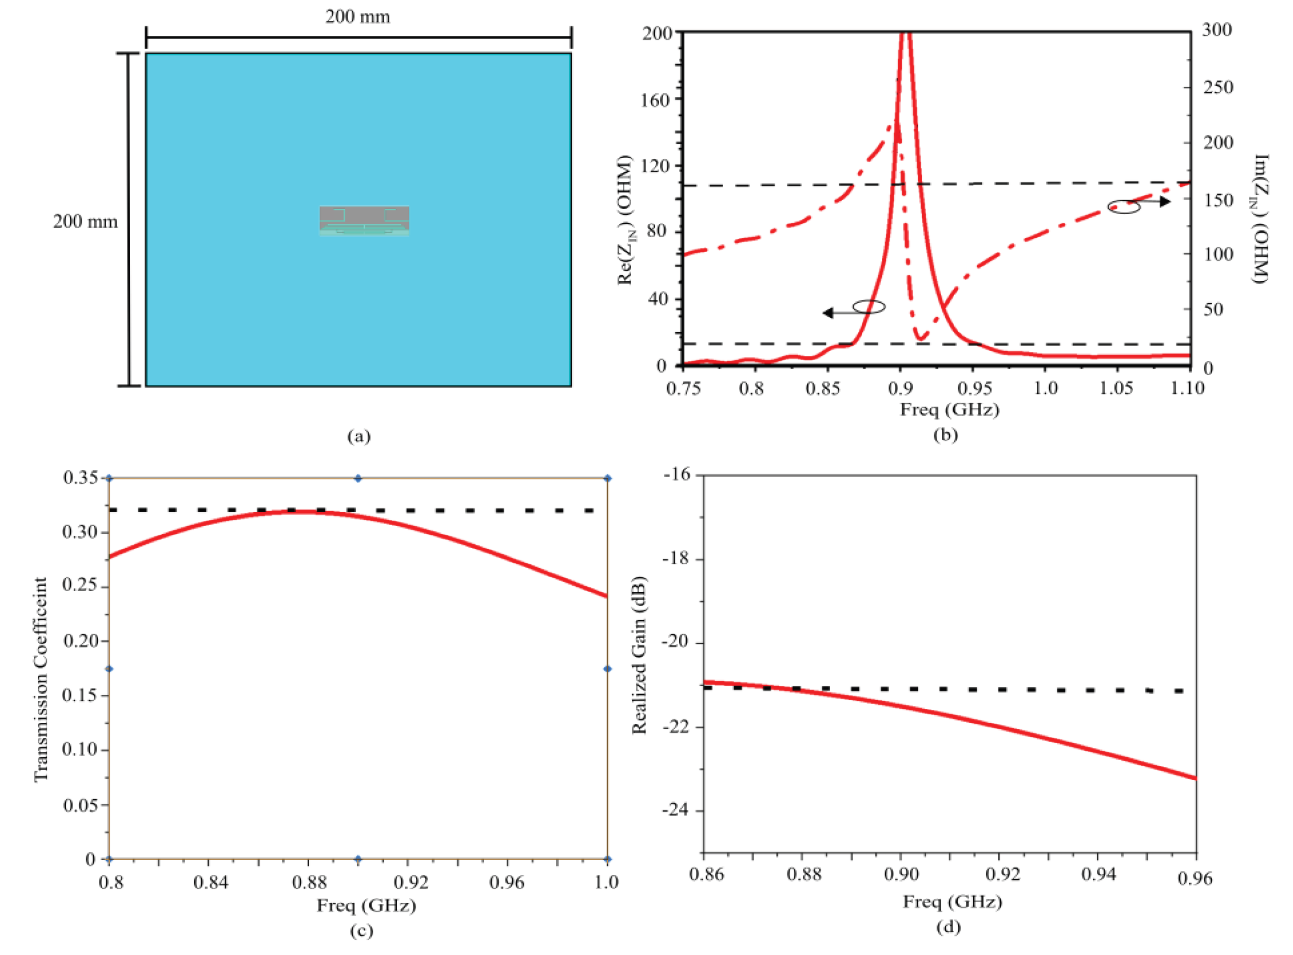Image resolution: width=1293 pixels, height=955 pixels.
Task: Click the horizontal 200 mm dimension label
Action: point(358,16)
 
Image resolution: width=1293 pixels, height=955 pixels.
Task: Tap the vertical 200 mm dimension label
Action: point(85,222)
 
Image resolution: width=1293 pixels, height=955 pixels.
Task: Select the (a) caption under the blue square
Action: point(359,436)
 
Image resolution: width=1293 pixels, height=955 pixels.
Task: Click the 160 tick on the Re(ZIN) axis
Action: point(655,100)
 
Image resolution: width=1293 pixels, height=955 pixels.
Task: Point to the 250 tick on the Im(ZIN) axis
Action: point(1218,88)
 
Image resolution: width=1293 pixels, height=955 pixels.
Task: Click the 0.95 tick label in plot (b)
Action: point(974,388)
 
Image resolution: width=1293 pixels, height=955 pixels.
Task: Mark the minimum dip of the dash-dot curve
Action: point(921,338)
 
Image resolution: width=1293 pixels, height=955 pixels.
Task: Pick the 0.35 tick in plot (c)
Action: point(80,478)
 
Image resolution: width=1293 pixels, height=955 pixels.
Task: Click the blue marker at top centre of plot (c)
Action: point(358,478)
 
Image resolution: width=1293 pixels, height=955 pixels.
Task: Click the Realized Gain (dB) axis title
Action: point(639,655)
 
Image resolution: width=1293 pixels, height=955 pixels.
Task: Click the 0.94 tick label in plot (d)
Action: point(1098,874)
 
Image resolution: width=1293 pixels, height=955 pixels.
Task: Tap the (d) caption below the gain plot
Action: point(948,926)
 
